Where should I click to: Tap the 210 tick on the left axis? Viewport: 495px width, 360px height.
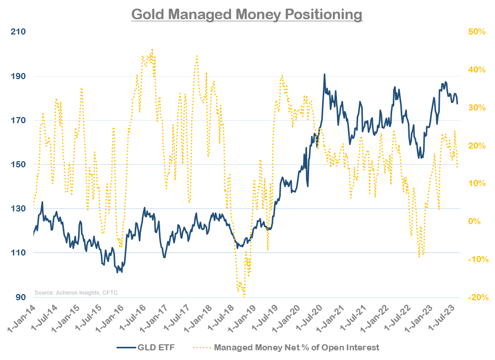click(x=19, y=32)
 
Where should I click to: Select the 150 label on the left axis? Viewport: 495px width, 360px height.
click(x=19, y=165)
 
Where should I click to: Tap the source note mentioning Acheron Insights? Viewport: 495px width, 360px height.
click(x=75, y=293)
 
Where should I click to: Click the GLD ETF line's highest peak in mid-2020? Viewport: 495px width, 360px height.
click(x=324, y=74)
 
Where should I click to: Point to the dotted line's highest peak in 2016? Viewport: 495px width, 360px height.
click(x=152, y=50)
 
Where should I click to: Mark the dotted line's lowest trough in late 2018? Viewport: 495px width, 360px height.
click(x=244, y=297)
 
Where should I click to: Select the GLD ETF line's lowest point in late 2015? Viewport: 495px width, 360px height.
click(x=118, y=272)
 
